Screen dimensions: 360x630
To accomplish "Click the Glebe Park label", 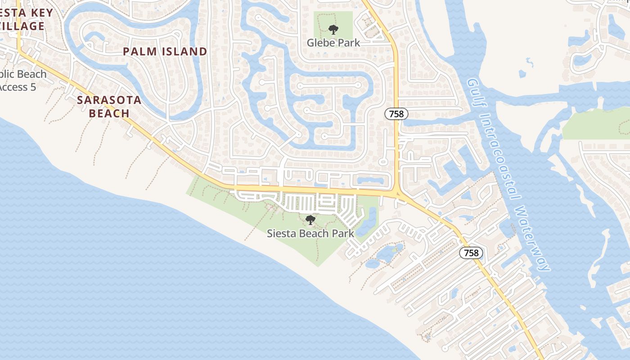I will click(x=333, y=43).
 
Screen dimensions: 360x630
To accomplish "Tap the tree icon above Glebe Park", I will click(x=333, y=30).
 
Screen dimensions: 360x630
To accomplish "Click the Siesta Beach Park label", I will click(x=310, y=234).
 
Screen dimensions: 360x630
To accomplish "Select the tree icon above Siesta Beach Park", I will click(x=310, y=220).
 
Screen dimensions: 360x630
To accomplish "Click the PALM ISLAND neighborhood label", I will click(x=165, y=52).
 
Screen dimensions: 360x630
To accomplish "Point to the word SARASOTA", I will click(x=109, y=100).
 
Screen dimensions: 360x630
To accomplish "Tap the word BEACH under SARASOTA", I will click(x=109, y=113).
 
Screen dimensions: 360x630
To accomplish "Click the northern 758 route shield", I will click(x=396, y=114).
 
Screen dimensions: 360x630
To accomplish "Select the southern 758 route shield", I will click(x=471, y=253).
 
